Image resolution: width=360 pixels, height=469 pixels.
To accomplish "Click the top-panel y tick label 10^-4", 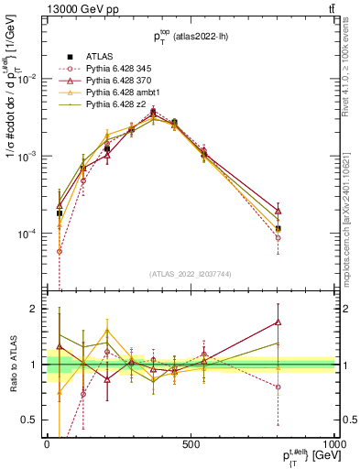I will point(26,234).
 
